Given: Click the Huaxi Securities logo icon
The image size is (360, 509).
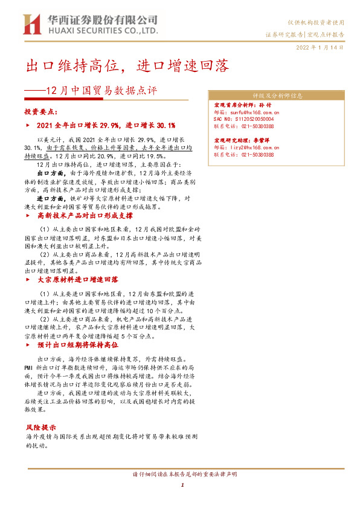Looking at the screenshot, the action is [30, 24].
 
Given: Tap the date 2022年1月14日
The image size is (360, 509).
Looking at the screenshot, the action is [320, 47].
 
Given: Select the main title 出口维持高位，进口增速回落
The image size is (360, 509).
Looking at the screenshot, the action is [127, 66].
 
